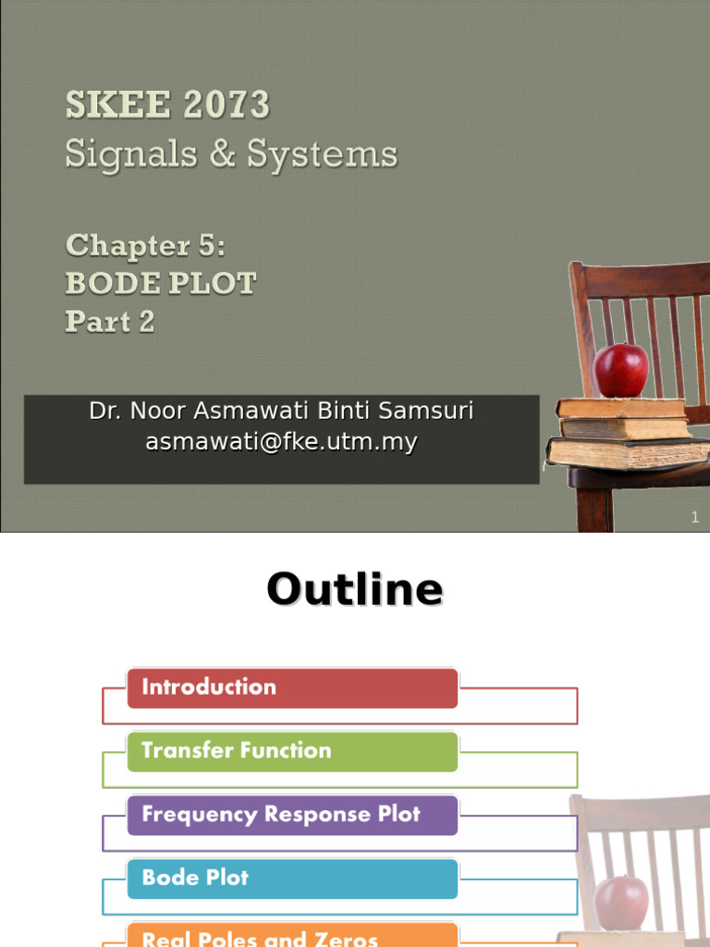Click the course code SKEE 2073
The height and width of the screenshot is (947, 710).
pos(167,105)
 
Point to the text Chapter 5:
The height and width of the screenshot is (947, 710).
pos(145,245)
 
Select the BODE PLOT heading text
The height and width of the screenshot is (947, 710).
pos(160,283)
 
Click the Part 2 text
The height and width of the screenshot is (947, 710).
pos(110,322)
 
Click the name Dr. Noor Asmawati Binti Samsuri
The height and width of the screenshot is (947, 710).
pos(281,412)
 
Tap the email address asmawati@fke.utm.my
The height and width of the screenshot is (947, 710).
pos(281,443)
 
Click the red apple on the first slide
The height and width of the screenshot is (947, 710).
pos(620,370)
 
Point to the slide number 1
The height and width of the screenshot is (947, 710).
pos(695,518)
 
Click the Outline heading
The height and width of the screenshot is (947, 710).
pos(355,589)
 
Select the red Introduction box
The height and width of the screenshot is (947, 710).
pos(292,687)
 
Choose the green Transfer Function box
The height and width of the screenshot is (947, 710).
pos(292,751)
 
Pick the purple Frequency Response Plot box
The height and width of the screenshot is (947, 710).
pos(292,815)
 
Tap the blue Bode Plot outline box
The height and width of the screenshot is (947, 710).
pos(292,878)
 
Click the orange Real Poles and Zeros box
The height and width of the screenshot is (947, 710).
pos(292,935)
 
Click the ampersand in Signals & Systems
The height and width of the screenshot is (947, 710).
pos(222,154)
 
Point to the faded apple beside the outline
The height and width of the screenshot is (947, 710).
pos(620,903)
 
